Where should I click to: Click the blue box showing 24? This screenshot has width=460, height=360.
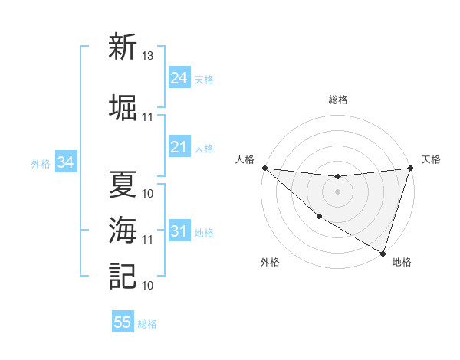179,78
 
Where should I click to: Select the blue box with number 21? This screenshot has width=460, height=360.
179,148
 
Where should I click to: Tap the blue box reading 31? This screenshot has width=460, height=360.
179,231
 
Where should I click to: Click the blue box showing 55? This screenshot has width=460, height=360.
123,322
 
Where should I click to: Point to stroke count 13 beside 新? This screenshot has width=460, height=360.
147,56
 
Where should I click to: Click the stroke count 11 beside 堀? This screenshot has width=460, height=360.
147,117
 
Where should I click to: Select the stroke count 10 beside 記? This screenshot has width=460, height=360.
147,286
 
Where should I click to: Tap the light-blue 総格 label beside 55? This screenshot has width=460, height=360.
147,324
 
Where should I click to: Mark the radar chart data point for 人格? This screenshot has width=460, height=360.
264,168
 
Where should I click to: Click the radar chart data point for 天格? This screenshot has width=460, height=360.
410,168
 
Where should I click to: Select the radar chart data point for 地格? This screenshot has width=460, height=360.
383,253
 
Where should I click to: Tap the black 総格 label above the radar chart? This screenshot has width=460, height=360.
337,100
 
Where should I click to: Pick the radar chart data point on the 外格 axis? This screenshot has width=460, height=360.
319,217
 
